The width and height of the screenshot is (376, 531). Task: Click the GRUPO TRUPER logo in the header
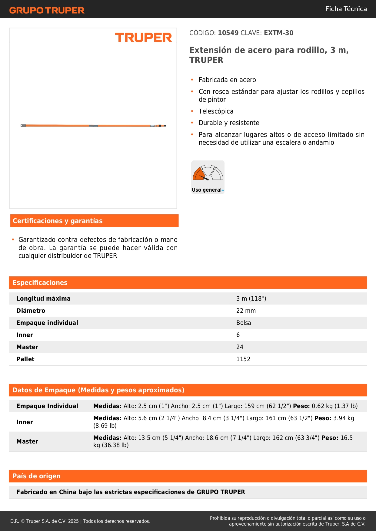(x=47, y=10)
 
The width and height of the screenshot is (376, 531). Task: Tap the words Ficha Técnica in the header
(x=346, y=9)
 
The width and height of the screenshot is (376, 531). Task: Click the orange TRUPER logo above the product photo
(x=143, y=38)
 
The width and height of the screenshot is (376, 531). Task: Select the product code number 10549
(x=228, y=33)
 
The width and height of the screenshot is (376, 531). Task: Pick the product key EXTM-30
(x=278, y=33)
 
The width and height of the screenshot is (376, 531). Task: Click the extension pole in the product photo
(x=93, y=125)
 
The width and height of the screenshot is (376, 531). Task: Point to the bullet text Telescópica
(x=216, y=111)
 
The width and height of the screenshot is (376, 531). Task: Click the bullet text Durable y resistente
(x=229, y=123)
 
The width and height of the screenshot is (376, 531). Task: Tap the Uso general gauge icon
(x=208, y=177)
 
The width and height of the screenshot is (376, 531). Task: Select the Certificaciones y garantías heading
(x=58, y=221)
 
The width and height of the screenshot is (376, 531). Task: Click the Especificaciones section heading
(x=40, y=283)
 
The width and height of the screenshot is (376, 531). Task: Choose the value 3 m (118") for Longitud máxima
(x=251, y=299)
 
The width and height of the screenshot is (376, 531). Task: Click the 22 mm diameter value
(x=246, y=311)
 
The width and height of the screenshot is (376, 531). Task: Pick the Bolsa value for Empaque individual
(x=244, y=323)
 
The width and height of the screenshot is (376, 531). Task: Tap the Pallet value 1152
(x=243, y=359)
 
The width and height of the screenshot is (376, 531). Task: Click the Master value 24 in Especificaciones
(x=240, y=347)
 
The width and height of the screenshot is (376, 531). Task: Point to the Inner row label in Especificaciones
(x=25, y=335)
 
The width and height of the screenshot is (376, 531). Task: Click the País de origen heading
(x=36, y=476)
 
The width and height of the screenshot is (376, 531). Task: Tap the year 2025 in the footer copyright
(x=73, y=521)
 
